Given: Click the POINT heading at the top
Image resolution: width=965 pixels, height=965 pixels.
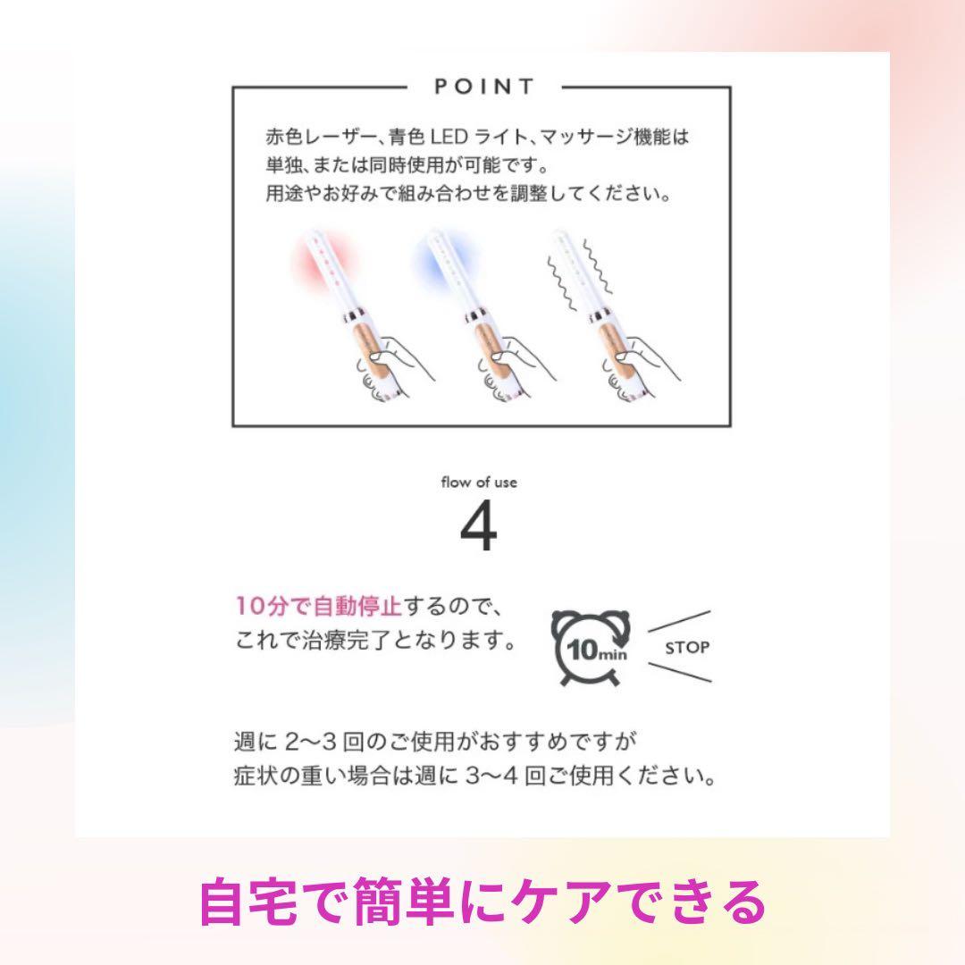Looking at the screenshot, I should coord(483,87).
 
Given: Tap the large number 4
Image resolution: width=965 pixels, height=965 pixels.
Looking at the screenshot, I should coord(479,530).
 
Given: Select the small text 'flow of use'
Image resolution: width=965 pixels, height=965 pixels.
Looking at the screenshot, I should coord(479,482).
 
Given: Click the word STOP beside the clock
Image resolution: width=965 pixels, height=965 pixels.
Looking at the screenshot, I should coord(686,648).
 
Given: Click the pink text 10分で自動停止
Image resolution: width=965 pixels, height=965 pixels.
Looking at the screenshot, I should coord(318,606).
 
